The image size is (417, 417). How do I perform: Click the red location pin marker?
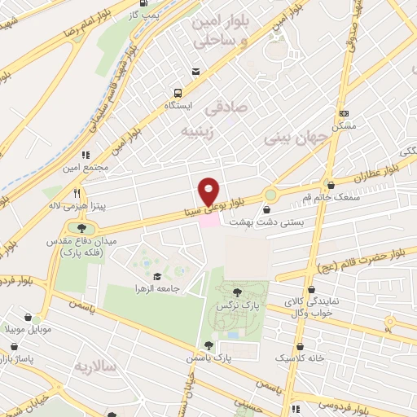pos(208,191)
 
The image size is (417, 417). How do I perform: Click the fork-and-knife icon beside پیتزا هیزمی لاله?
pos(76,193)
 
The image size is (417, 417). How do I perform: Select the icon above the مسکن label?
pos(345,114)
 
